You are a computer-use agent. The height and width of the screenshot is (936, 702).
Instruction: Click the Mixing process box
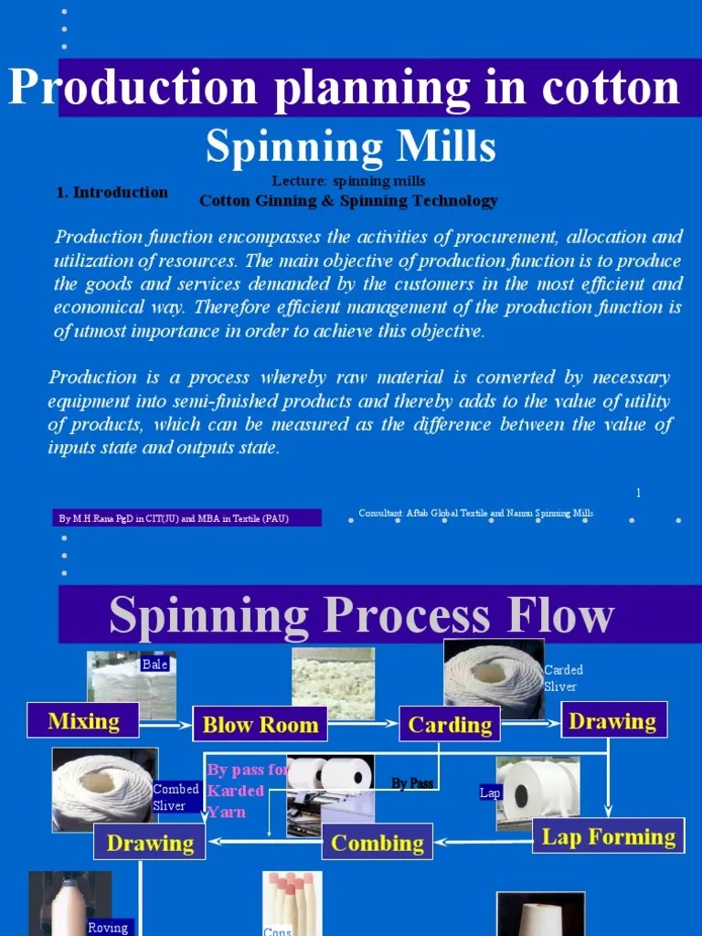coord(83,720)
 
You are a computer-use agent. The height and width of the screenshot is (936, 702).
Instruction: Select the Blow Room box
coord(260,724)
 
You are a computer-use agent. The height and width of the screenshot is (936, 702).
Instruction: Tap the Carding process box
coord(450,724)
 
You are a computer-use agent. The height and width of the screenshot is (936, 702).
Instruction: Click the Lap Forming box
coord(608,835)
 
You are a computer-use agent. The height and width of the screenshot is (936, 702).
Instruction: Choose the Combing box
coord(377,842)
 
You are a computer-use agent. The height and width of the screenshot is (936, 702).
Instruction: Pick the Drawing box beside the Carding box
coord(613,720)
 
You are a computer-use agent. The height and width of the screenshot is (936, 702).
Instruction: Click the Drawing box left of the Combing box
coord(150,842)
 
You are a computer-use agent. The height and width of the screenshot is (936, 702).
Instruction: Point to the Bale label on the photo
coord(155,665)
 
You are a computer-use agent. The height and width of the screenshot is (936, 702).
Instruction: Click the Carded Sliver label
coord(563,678)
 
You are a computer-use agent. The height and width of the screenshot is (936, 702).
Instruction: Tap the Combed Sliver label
coord(175,797)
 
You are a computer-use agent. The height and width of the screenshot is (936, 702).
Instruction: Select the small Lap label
coord(491,792)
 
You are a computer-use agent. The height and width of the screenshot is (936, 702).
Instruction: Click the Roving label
coord(108,927)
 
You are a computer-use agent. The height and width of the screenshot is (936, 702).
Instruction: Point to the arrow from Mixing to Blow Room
coord(165,725)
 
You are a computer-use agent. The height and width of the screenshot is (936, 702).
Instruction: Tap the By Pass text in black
coord(412,783)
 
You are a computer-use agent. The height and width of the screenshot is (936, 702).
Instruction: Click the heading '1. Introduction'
coord(112,192)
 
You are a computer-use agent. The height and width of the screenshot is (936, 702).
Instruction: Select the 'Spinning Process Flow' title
coord(361,615)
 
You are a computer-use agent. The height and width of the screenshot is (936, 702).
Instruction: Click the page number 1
coord(638,493)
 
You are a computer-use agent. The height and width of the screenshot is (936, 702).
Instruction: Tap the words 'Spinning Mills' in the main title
coord(350,145)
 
